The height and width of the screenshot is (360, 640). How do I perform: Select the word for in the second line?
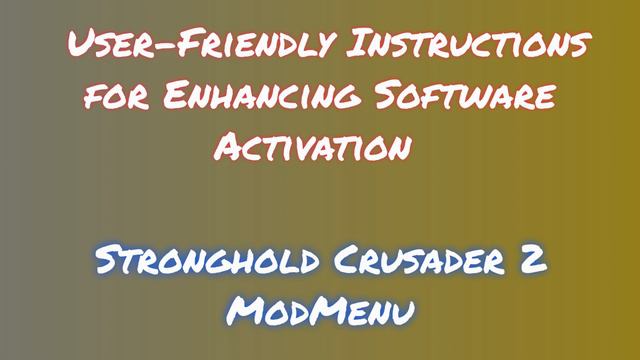click(112, 97)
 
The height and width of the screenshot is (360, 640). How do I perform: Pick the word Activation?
click(313, 148)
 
